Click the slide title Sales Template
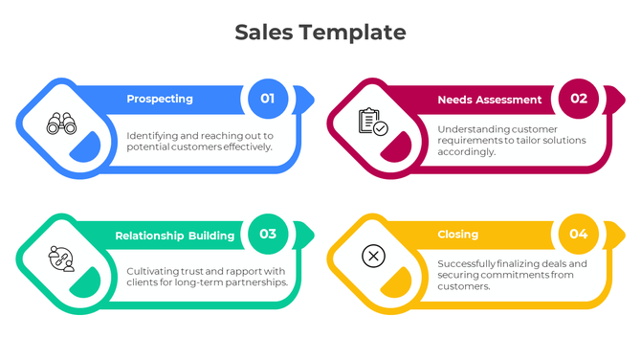320,33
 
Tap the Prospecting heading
160,99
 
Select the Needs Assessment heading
490,100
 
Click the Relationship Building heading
175,236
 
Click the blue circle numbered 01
268,98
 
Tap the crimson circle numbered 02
579,98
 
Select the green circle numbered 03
268,234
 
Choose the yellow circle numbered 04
579,234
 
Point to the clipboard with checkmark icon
372,122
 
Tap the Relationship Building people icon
61,259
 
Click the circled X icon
373,257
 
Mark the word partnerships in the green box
254,282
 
